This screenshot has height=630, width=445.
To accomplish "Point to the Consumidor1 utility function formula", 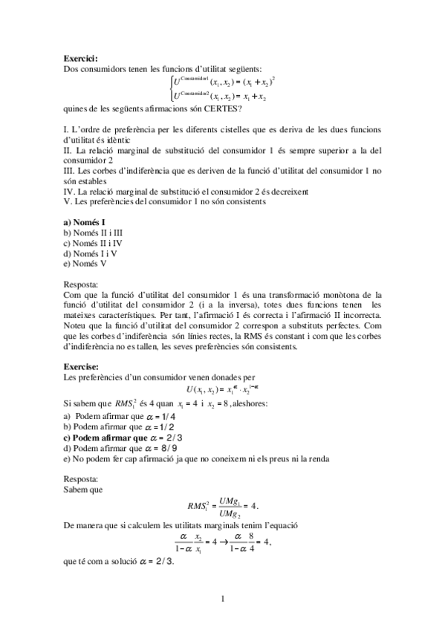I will pos(224,80).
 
